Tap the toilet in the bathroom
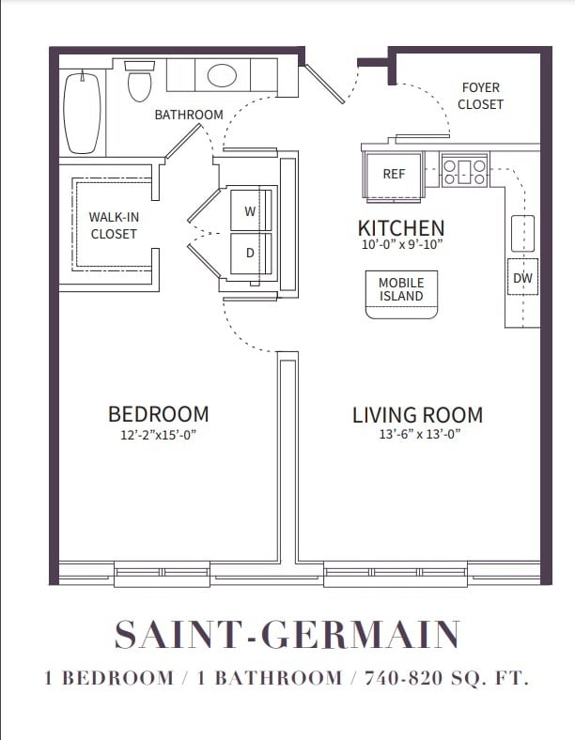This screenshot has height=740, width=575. (140, 83)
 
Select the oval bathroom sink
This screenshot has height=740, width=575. (222, 75)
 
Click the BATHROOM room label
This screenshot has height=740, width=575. (189, 115)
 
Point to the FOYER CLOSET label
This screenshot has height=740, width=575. (480, 96)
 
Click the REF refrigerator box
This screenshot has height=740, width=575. (394, 174)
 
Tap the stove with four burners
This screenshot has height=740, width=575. (464, 170)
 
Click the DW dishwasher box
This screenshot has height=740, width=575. (522, 278)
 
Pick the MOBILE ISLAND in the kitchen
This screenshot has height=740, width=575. (401, 291)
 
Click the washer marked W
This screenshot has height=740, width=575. (250, 211)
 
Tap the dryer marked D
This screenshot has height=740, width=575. (250, 253)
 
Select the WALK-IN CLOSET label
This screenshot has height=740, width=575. (114, 225)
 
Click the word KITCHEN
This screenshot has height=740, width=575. (401, 228)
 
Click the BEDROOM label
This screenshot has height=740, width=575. (158, 414)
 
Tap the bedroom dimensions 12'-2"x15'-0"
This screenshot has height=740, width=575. (158, 434)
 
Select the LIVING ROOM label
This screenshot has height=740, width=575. (417, 414)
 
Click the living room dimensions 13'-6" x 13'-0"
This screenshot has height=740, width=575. (417, 434)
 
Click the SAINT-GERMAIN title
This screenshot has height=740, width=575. (287, 636)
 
